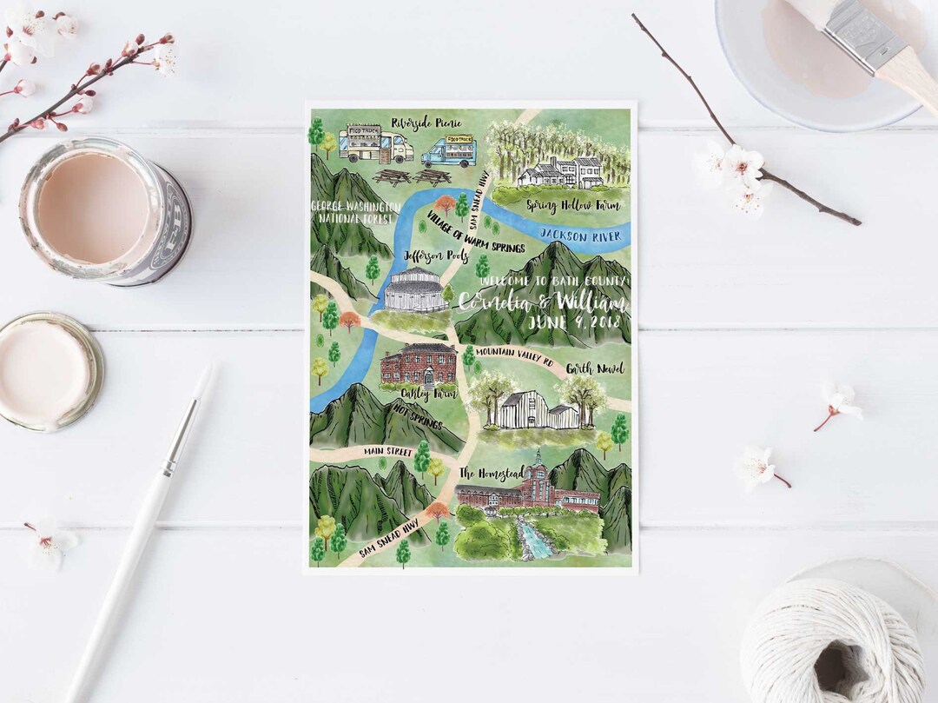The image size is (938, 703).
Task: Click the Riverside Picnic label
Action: tap(426, 122)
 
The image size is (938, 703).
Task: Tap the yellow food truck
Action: tap(375, 144)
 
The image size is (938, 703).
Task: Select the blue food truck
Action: tap(449, 151)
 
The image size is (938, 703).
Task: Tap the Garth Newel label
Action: tap(595, 368)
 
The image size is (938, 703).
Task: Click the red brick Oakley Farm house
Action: tap(419, 365)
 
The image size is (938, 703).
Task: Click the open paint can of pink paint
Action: tap(104, 209)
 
